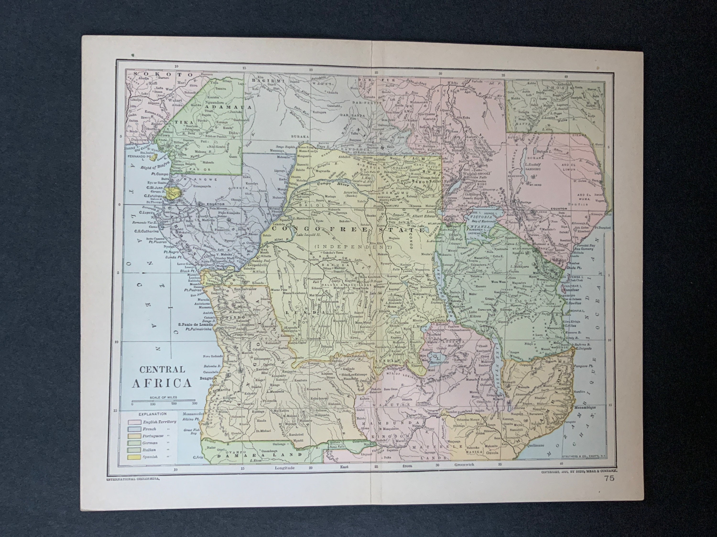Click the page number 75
609,487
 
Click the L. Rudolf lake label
533,164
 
